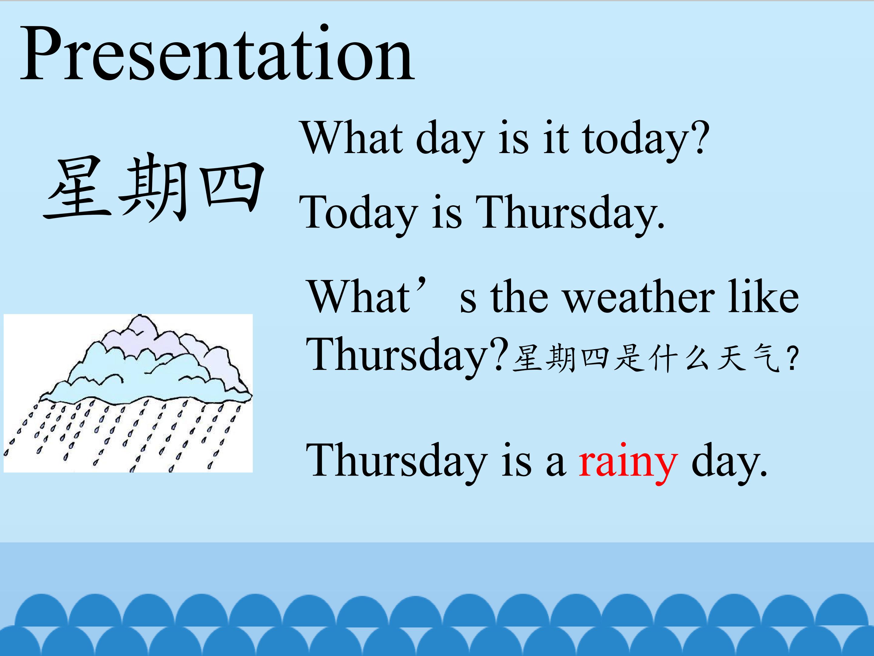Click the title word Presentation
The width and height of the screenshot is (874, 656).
click(217, 54)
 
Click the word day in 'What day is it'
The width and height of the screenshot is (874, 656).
click(450, 140)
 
